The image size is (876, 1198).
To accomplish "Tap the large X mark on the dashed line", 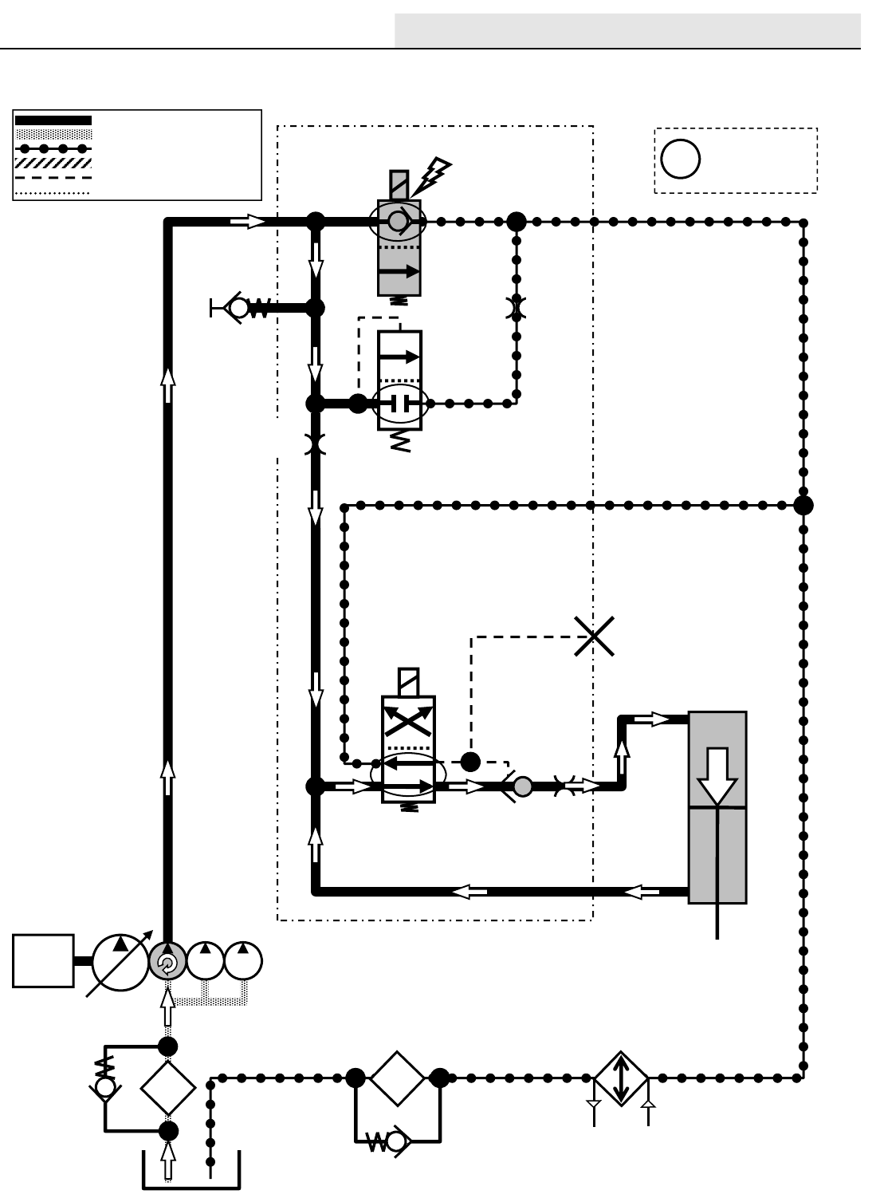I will pyautogui.click(x=595, y=636).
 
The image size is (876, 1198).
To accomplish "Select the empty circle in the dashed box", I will pyautogui.click(x=681, y=159).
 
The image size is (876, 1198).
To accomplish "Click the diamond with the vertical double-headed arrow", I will pyautogui.click(x=622, y=1078).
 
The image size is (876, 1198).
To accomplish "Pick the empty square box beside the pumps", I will pyautogui.click(x=43, y=961).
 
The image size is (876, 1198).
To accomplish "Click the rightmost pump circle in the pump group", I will pyautogui.click(x=243, y=961).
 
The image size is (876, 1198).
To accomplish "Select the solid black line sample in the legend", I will pyautogui.click(x=53, y=120).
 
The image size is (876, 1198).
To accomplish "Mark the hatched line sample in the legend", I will pyautogui.click(x=53, y=163).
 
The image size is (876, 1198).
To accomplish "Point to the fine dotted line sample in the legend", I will pyautogui.click(x=53, y=192).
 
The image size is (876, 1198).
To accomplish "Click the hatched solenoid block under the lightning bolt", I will pyautogui.click(x=399, y=185).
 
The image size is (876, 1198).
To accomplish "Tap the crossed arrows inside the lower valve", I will pyautogui.click(x=408, y=721).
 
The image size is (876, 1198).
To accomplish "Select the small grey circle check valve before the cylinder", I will pyautogui.click(x=523, y=786).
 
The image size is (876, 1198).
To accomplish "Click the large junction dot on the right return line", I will pyautogui.click(x=803, y=505).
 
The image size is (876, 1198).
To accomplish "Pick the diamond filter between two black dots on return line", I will pyautogui.click(x=397, y=1078).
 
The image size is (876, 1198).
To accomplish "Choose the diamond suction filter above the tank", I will pyautogui.click(x=168, y=1088).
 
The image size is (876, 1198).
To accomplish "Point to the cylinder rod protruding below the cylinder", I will pyautogui.click(x=718, y=923).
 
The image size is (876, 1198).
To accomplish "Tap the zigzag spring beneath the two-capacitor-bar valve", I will pyautogui.click(x=401, y=442).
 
